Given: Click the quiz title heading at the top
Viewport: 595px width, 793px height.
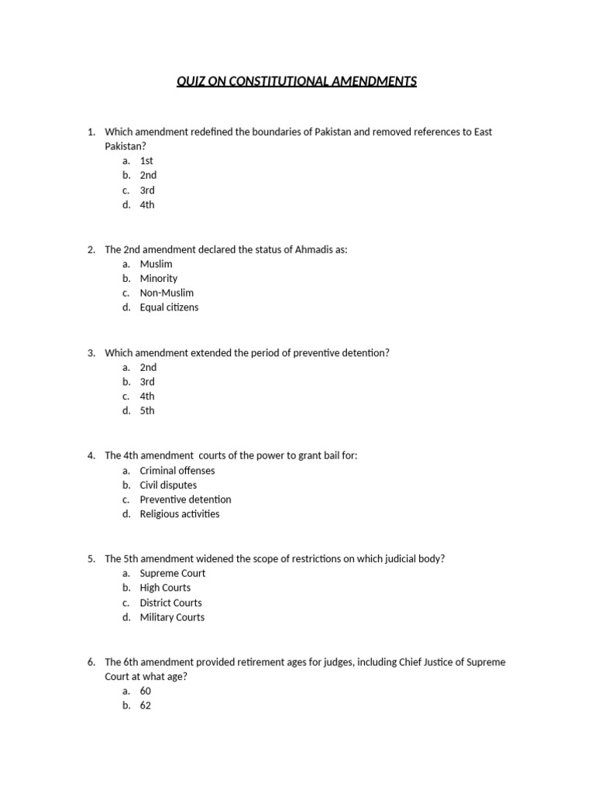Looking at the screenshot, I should (x=297, y=81).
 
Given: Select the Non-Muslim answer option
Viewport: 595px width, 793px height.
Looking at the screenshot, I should (x=167, y=293).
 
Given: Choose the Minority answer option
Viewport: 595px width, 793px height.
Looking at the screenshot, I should (x=158, y=278).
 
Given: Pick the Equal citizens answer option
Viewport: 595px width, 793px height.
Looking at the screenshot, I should (x=169, y=307).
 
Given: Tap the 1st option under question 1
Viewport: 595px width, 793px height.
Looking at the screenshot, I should (x=146, y=160).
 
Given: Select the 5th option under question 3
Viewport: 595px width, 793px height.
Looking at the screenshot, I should (x=147, y=410).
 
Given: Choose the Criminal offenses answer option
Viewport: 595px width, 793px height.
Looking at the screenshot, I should (x=177, y=470).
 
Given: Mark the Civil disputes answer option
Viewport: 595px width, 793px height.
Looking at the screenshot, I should (x=168, y=485).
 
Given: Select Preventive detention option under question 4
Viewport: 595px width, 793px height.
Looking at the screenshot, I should (x=185, y=499).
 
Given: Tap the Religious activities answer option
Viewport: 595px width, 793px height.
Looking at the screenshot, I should (x=179, y=514).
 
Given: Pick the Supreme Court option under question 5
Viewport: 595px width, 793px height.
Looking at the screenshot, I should (x=173, y=573).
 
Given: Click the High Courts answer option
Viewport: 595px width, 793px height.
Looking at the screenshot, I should (x=165, y=588).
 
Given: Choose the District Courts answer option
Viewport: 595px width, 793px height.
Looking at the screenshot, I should (x=170, y=602).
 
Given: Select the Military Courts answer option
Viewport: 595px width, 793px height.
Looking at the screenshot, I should (x=172, y=617).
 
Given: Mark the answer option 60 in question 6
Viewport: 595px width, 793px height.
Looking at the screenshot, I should (x=146, y=691).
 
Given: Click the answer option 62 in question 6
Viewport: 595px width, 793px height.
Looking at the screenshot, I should (x=146, y=705).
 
